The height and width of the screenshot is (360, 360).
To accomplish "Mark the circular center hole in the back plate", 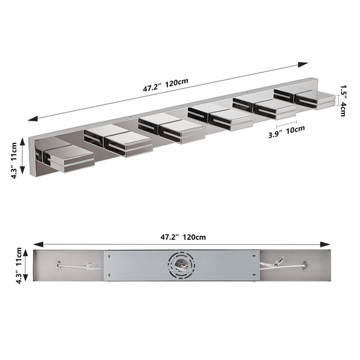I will [x=181, y=265].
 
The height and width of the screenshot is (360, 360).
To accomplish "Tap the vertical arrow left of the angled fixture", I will [x=22, y=155].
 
